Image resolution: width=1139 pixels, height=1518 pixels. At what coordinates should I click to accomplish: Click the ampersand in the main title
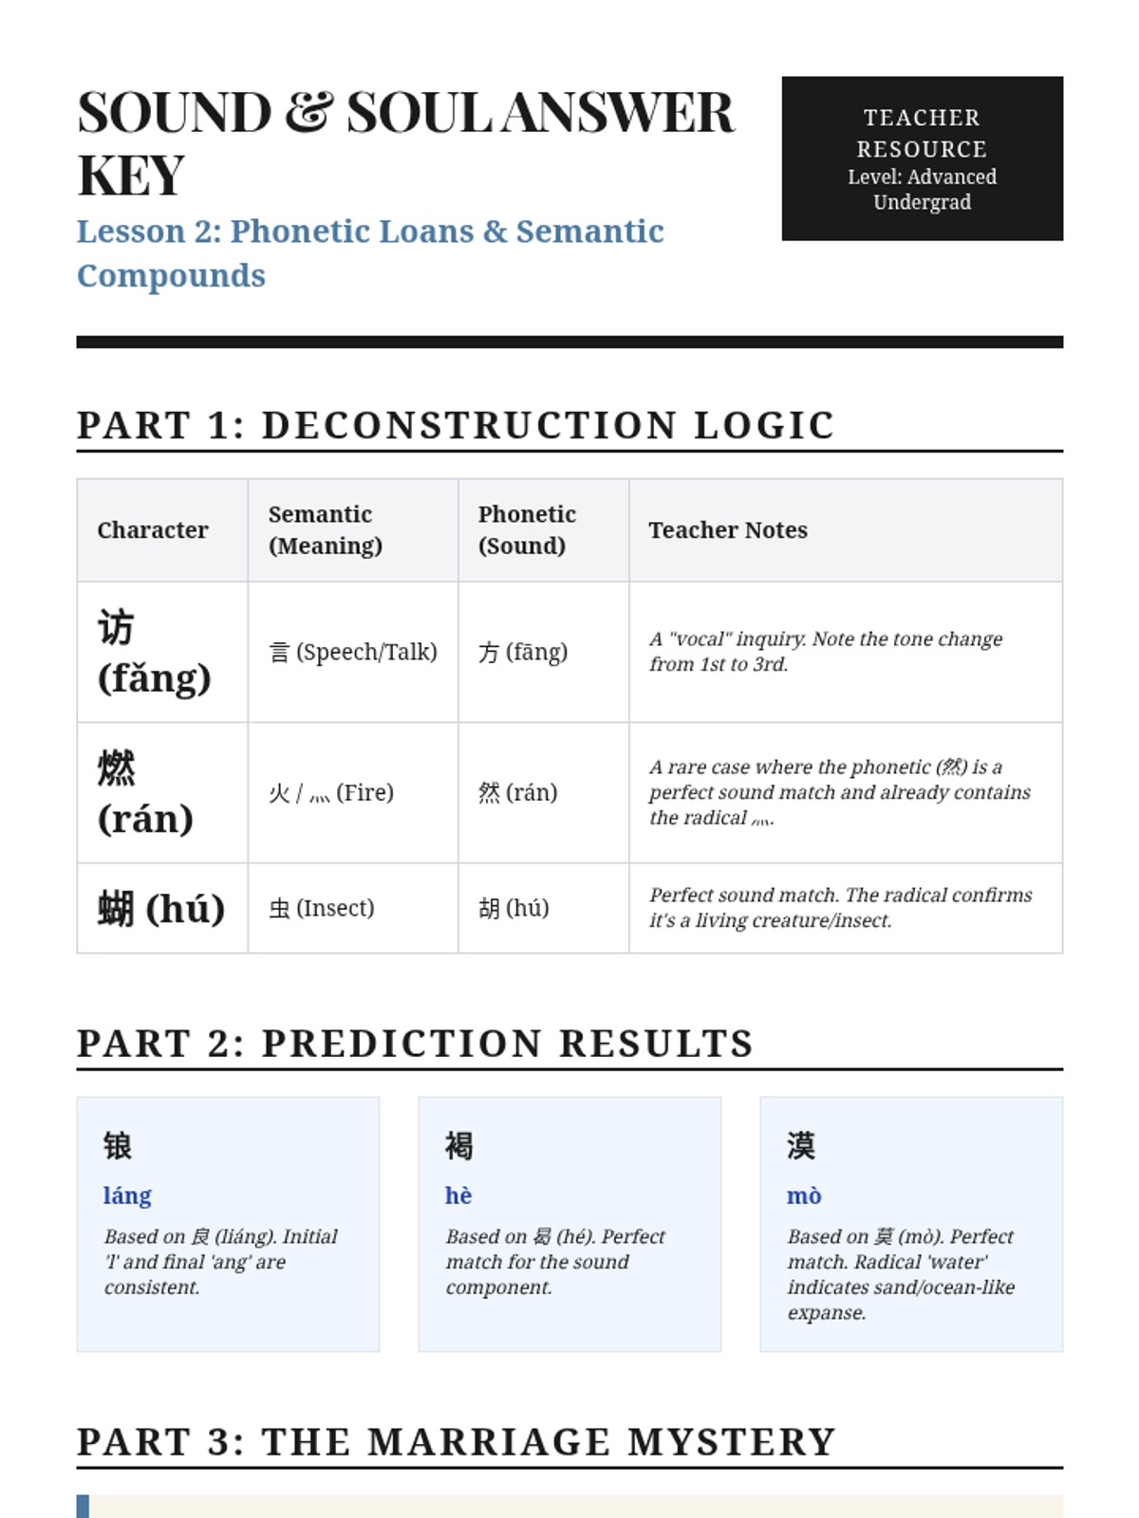point(308,113)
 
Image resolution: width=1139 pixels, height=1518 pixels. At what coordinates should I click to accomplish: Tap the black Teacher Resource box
point(922,158)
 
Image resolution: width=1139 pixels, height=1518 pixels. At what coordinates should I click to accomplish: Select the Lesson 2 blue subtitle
point(370,252)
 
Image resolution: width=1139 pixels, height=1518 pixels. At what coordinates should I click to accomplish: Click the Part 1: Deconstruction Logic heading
point(456,425)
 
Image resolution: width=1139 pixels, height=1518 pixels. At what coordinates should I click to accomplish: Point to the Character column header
point(152,530)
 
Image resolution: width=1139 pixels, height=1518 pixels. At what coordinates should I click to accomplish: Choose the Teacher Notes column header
point(728,530)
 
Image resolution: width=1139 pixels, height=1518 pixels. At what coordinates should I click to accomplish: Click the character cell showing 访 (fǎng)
point(154,653)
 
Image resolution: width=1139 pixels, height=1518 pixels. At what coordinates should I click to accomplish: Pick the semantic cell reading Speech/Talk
point(353,652)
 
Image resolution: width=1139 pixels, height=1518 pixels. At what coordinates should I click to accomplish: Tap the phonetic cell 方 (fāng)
point(523,652)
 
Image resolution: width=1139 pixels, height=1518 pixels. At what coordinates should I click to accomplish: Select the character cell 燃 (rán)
point(145,793)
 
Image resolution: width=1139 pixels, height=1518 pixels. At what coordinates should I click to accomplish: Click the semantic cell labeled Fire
point(331,792)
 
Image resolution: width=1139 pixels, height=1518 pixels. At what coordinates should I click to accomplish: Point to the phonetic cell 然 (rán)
point(517,792)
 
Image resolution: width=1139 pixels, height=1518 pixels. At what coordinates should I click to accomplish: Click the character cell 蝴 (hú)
point(161,908)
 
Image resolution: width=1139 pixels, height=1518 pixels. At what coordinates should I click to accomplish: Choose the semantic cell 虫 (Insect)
point(322,908)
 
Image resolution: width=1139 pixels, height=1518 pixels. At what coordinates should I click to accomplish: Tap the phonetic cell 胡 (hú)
point(513,908)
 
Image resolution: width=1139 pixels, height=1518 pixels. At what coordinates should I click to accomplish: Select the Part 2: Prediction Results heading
point(416,1043)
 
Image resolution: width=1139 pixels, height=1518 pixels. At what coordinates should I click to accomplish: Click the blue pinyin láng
point(127,1195)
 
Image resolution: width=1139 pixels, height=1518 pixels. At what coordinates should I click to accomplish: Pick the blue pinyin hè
point(458,1195)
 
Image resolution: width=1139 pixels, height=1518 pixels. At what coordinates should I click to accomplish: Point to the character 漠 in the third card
point(801,1146)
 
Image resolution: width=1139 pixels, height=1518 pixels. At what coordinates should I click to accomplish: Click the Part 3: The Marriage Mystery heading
point(457,1441)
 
